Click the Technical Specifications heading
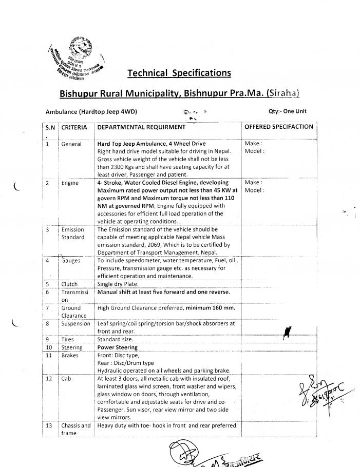coord(179,73)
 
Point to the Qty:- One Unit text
coord(288,111)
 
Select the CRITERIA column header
coord(74,127)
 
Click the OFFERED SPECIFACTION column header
coord(278,127)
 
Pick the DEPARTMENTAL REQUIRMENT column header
coord(141,127)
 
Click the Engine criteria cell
coord(70,183)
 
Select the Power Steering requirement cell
coord(117,347)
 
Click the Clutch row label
coord(69,284)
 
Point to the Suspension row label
coord(75,324)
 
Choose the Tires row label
coord(68,339)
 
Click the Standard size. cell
coord(115,339)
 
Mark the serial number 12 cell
coord(49,378)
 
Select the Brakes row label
coord(70,355)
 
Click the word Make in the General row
coord(253,144)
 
